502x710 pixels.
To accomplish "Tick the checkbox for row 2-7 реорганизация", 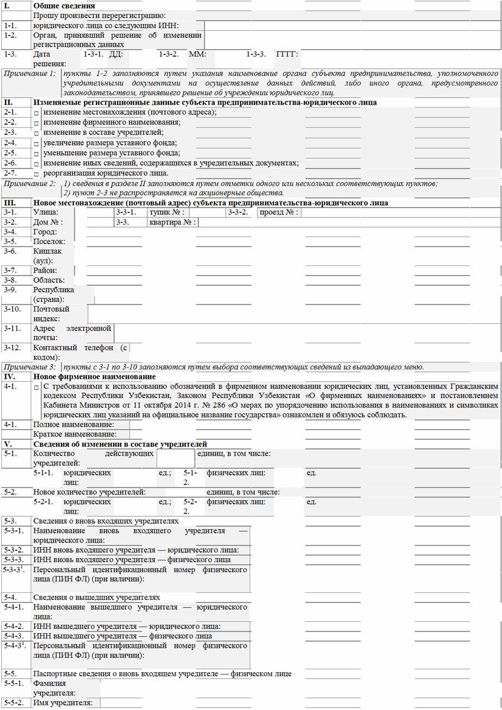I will tap(37, 174).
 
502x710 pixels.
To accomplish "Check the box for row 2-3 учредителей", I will tap(37, 134).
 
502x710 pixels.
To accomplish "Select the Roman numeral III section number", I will tap(9, 203).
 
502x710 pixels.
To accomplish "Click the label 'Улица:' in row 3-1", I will tap(46, 212).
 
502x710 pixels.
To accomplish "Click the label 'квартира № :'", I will tap(172, 222).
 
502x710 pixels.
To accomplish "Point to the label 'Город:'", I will tap(45, 232).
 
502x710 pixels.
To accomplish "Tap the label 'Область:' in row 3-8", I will tap(48, 280).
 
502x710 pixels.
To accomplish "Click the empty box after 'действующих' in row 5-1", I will tap(175, 458).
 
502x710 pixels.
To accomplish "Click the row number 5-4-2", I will tap(14, 626).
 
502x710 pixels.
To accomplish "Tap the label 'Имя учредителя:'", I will tap(63, 702).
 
